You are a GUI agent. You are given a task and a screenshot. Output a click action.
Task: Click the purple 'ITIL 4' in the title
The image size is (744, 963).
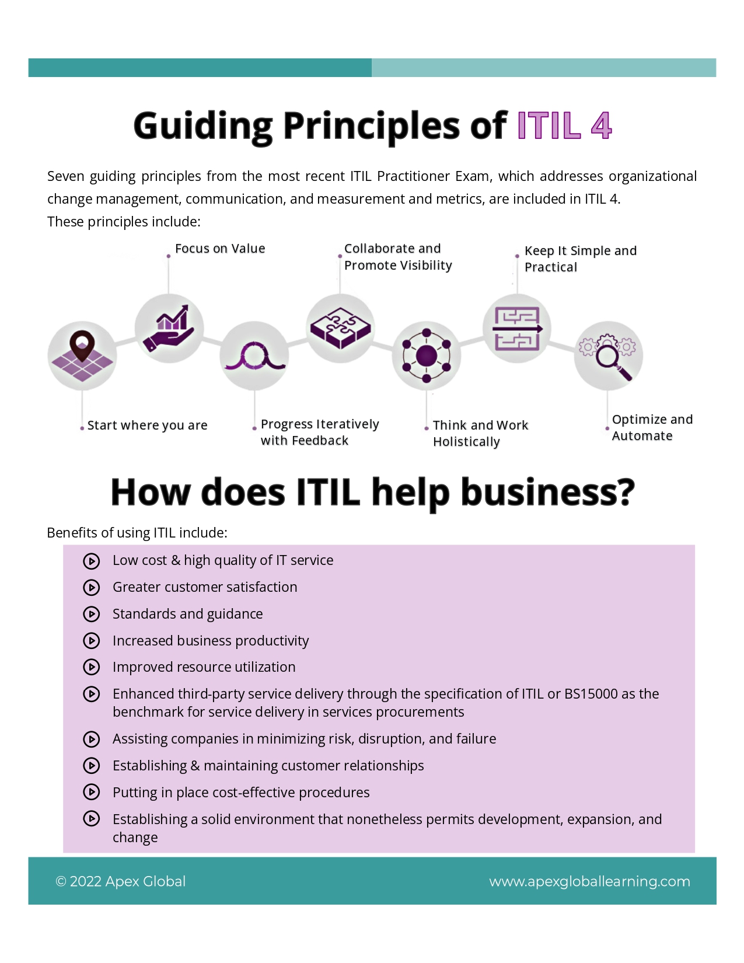(x=564, y=125)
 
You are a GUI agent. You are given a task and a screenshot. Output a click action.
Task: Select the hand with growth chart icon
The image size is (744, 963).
(x=169, y=329)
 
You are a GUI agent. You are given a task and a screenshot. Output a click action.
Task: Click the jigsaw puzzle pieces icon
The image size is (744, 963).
(x=340, y=327)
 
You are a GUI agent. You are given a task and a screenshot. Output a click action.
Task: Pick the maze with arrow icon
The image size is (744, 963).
(x=517, y=329)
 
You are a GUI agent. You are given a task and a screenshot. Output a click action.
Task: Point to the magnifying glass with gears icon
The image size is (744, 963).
(x=608, y=355)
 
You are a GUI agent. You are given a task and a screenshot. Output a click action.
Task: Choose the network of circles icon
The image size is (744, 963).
(x=427, y=355)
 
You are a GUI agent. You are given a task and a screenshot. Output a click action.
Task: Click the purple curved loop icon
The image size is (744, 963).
(x=254, y=356)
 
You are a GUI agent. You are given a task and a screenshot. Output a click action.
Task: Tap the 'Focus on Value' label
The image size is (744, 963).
(x=220, y=249)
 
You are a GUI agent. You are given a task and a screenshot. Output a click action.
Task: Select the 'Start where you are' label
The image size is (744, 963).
(x=147, y=425)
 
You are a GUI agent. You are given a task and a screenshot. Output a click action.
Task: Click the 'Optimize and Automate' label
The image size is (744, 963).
(x=652, y=427)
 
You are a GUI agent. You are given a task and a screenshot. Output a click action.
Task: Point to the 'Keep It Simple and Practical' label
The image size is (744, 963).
(x=580, y=259)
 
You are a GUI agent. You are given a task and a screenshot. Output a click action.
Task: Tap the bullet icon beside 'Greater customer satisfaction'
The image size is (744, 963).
(x=92, y=587)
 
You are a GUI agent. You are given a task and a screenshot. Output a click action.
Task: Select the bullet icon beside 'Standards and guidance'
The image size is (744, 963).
(x=92, y=614)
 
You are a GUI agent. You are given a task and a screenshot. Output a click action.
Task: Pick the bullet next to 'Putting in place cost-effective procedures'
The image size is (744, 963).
(x=92, y=793)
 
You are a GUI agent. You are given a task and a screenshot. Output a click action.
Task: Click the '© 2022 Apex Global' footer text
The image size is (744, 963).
(x=121, y=881)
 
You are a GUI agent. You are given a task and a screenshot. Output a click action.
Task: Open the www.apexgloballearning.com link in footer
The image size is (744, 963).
(x=589, y=881)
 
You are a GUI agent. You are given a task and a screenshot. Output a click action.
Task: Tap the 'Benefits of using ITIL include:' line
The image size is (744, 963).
(x=137, y=533)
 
